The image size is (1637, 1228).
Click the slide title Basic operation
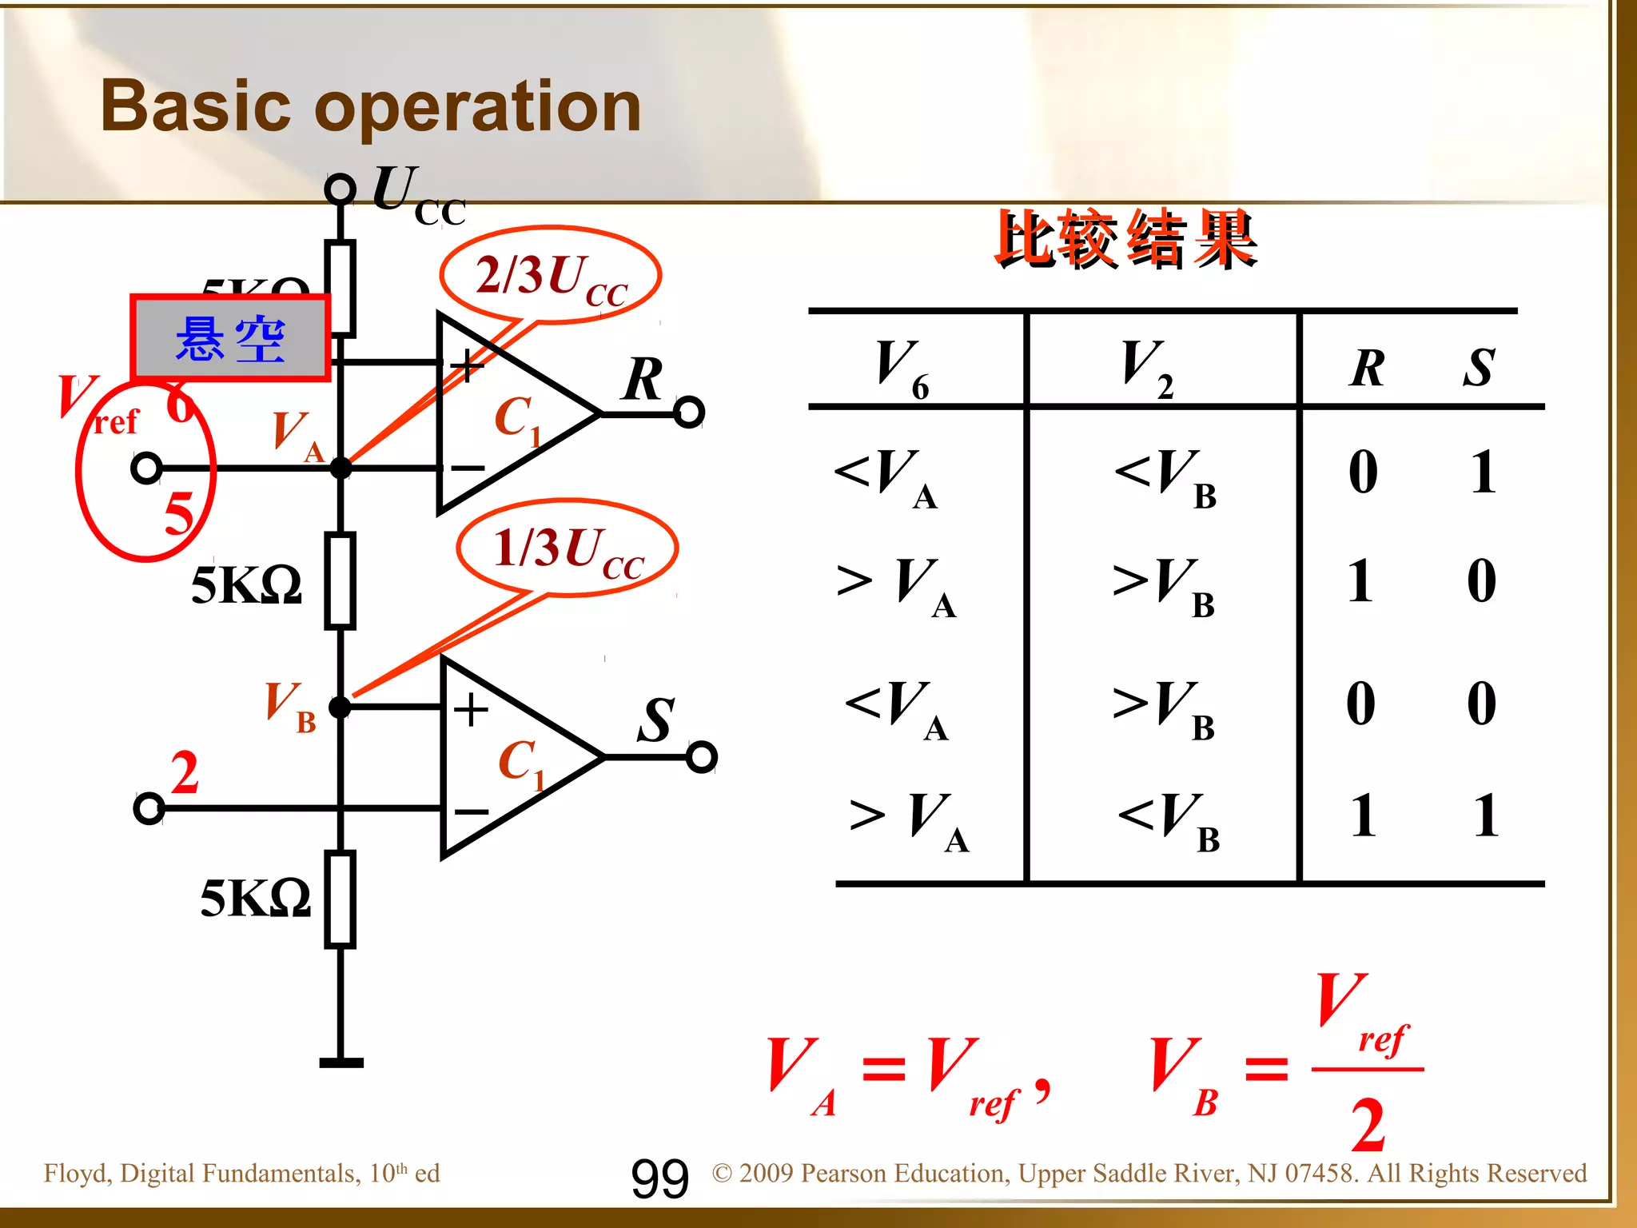(x=371, y=106)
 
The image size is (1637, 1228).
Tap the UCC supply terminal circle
(x=340, y=189)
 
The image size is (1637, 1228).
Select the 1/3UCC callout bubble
(x=568, y=548)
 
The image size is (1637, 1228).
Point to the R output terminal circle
(x=689, y=413)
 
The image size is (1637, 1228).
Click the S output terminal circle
(x=701, y=756)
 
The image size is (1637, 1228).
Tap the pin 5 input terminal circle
(x=146, y=468)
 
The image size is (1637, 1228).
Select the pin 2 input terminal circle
(x=149, y=808)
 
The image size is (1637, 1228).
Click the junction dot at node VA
(x=341, y=468)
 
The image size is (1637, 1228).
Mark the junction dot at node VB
(x=340, y=707)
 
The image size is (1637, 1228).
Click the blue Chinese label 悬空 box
(x=230, y=338)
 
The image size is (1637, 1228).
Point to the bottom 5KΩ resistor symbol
(x=341, y=899)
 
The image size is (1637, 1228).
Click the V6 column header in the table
(x=901, y=368)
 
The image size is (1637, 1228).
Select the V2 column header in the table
(x=1146, y=368)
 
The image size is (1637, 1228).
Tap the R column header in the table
(x=1368, y=368)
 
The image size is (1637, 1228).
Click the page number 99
(x=659, y=1179)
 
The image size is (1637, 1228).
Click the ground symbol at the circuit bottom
(x=341, y=1063)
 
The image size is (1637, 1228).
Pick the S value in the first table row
(x=1483, y=472)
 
